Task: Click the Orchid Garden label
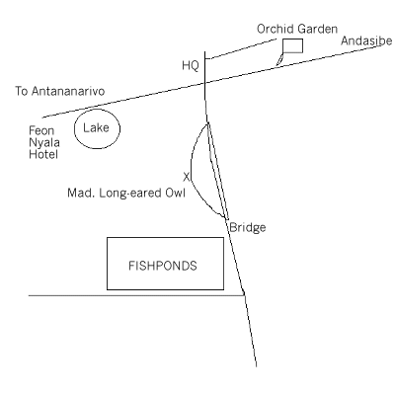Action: (x=297, y=29)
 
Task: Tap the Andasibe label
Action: (x=366, y=40)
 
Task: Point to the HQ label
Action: (x=191, y=66)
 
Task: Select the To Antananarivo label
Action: (x=60, y=91)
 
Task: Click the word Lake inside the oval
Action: (x=96, y=128)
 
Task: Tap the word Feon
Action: (x=41, y=130)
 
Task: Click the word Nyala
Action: (x=44, y=143)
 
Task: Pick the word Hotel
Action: (x=43, y=154)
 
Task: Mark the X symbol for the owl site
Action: (x=187, y=177)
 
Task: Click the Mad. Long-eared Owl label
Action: (x=126, y=193)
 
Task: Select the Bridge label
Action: (x=248, y=227)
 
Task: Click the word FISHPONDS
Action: (x=163, y=266)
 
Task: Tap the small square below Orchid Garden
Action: (x=292, y=45)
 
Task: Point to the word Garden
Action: (x=317, y=29)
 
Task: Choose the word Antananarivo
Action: (x=68, y=91)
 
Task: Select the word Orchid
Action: (x=275, y=29)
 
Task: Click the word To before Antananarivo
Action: (x=22, y=91)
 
